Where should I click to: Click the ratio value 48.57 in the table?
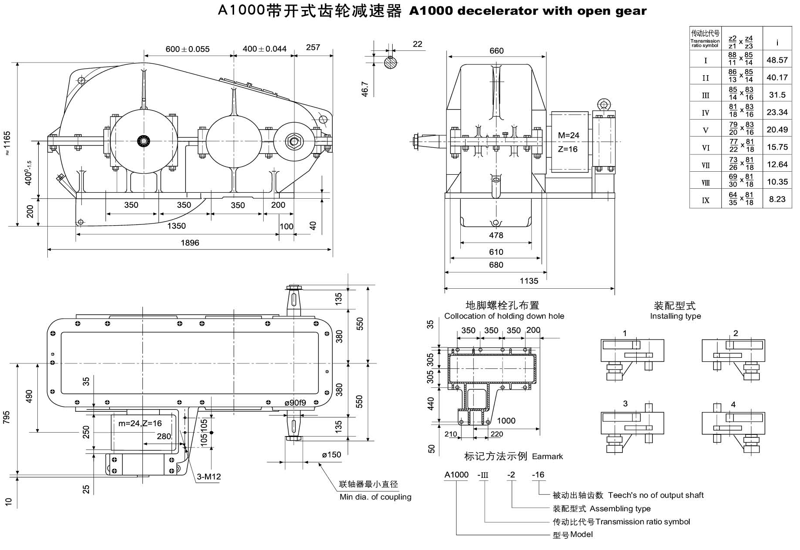777,60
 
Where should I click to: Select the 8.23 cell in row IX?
777,199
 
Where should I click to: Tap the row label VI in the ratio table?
705,147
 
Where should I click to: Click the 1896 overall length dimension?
190,243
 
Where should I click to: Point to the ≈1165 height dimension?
7,143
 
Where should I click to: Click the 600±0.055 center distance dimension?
187,49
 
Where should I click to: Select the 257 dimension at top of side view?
313,47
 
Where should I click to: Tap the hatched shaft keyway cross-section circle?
390,63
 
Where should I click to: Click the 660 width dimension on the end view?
496,51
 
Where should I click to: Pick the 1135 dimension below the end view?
529,281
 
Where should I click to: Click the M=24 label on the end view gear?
568,136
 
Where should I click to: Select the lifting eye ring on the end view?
604,104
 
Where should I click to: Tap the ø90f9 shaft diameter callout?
295,403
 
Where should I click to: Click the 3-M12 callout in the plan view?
208,477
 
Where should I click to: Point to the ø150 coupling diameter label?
331,455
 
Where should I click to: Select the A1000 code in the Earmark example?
456,475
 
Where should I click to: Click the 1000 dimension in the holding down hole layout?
506,420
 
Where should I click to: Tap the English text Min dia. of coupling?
375,497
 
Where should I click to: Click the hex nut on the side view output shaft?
294,141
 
